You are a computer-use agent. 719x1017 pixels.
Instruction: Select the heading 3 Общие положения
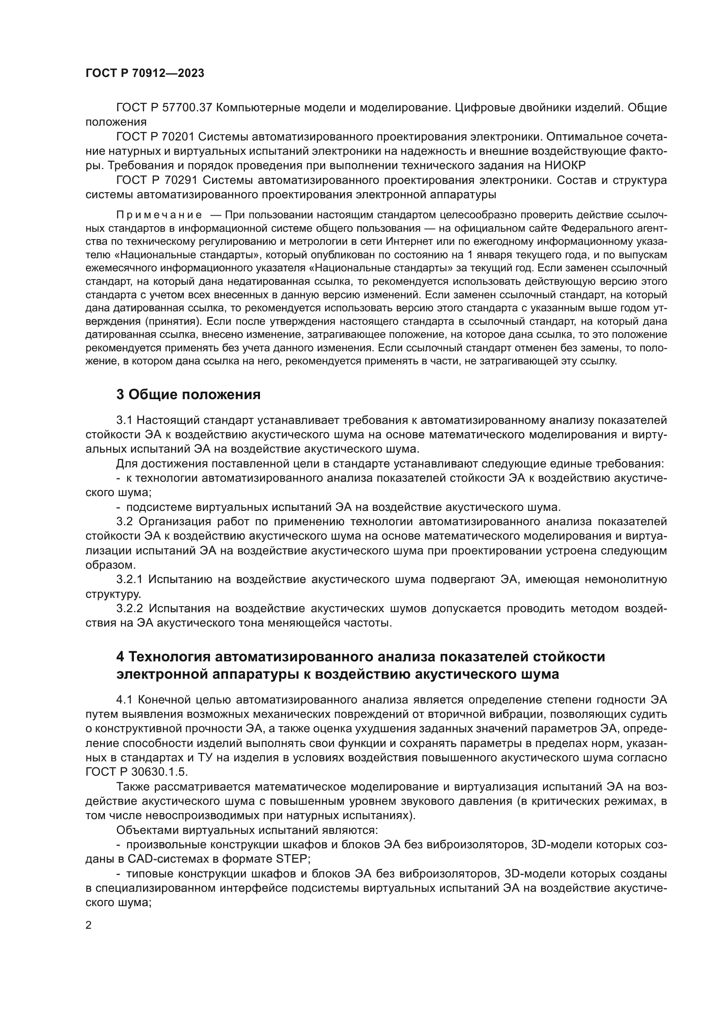point(188,394)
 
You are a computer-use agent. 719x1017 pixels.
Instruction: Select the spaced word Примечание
point(159,215)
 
